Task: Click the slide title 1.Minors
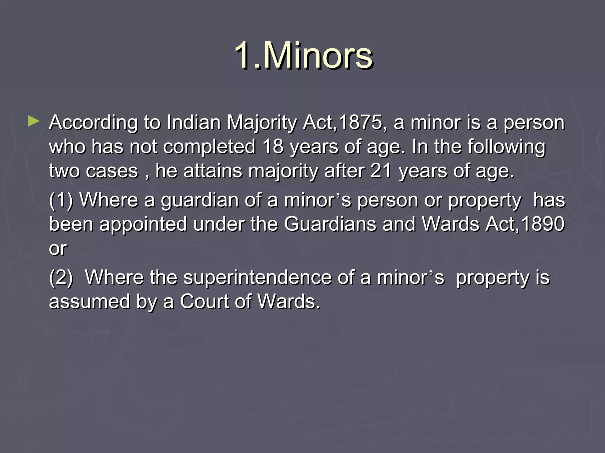click(x=303, y=55)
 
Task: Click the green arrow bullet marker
click(x=34, y=121)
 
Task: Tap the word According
click(x=93, y=123)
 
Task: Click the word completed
click(x=209, y=147)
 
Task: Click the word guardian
click(x=200, y=201)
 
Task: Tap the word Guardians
click(x=330, y=224)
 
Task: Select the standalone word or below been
click(x=58, y=249)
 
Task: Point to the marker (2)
click(x=61, y=278)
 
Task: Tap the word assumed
click(x=90, y=302)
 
